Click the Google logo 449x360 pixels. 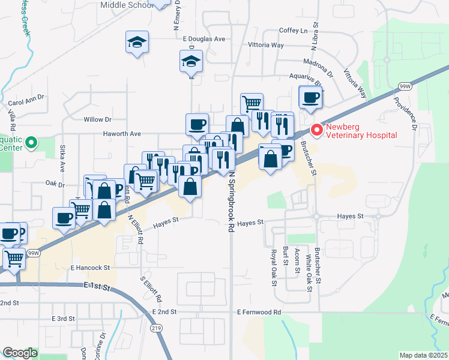20,353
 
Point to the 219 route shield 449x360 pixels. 156,328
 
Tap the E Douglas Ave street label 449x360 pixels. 204,39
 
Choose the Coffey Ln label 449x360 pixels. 293,31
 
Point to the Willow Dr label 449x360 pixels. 98,119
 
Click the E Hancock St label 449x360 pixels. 90,268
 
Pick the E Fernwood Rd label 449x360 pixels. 259,313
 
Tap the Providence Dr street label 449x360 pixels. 414,112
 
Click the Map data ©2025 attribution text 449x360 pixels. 423,355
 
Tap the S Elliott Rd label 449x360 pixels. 151,289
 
